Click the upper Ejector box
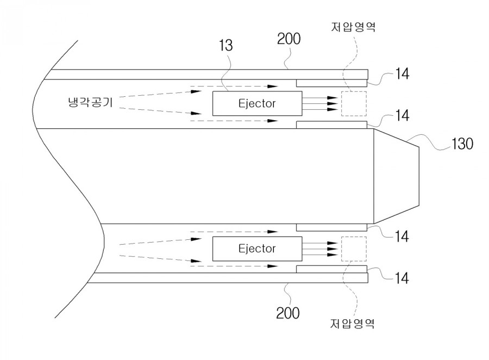click(x=256, y=103)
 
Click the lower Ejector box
click(x=256, y=249)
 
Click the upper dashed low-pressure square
click(x=354, y=103)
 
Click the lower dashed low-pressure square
click(x=354, y=249)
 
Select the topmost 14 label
click(x=403, y=74)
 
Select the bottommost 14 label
click(x=403, y=278)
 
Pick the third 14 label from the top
click(x=403, y=237)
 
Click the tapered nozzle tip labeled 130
click(x=396, y=176)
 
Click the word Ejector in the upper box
click(x=257, y=103)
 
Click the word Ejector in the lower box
click(x=257, y=249)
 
